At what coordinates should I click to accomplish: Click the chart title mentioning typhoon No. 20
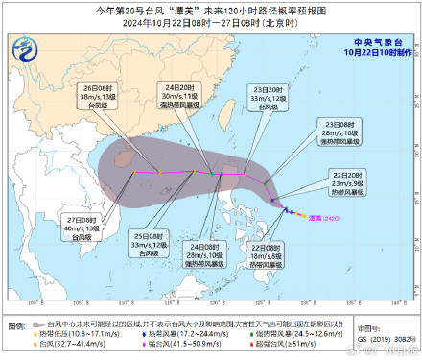point(210,9)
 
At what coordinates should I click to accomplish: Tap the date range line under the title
point(210,23)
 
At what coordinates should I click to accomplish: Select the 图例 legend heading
point(18,326)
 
